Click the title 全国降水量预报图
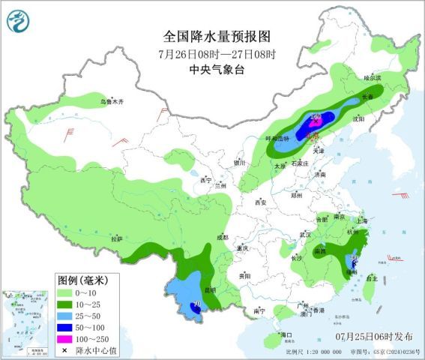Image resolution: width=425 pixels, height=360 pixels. (x=217, y=37)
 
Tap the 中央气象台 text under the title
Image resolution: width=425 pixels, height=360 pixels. (x=217, y=70)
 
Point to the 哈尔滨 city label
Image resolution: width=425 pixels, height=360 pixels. (x=373, y=77)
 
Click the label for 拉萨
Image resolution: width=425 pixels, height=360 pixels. (x=116, y=238)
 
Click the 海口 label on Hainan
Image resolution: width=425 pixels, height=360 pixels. (x=285, y=334)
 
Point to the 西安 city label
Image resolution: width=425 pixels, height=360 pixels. (x=261, y=202)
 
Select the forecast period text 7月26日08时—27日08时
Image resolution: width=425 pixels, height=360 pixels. (x=217, y=54)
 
